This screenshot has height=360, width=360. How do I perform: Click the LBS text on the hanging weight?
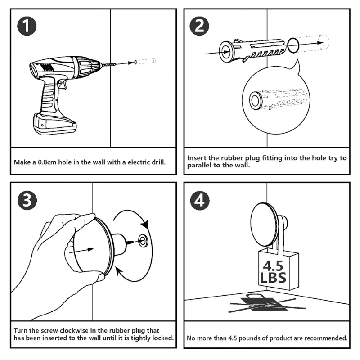[273, 276]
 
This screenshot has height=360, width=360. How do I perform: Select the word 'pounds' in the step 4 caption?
[251, 337]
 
